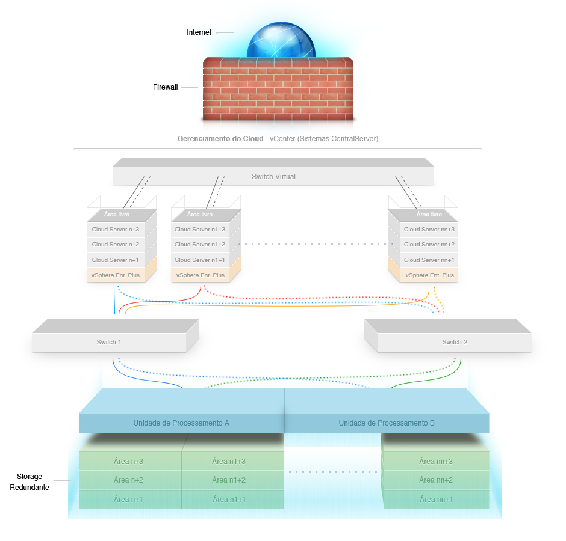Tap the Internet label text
pyautogui.click(x=199, y=32)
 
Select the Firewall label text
pyautogui.click(x=165, y=87)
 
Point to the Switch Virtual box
pyautogui.click(x=273, y=176)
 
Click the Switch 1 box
pyautogui.click(x=109, y=342)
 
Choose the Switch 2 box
pyautogui.click(x=454, y=342)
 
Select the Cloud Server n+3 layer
pyautogui.click(x=115, y=229)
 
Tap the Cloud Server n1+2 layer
pyautogui.click(x=200, y=245)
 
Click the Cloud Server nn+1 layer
pyautogui.click(x=429, y=260)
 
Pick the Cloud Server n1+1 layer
pyautogui.click(x=200, y=260)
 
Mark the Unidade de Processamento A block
pyautogui.click(x=181, y=423)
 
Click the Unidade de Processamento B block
pyautogui.click(x=387, y=423)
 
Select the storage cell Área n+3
pyautogui.click(x=129, y=461)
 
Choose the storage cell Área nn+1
pyautogui.click(x=436, y=499)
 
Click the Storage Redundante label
pyautogui.click(x=30, y=482)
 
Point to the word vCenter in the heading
pyautogui.click(x=282, y=139)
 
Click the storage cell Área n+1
pyautogui.click(x=129, y=499)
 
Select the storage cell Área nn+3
pyautogui.click(x=436, y=461)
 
